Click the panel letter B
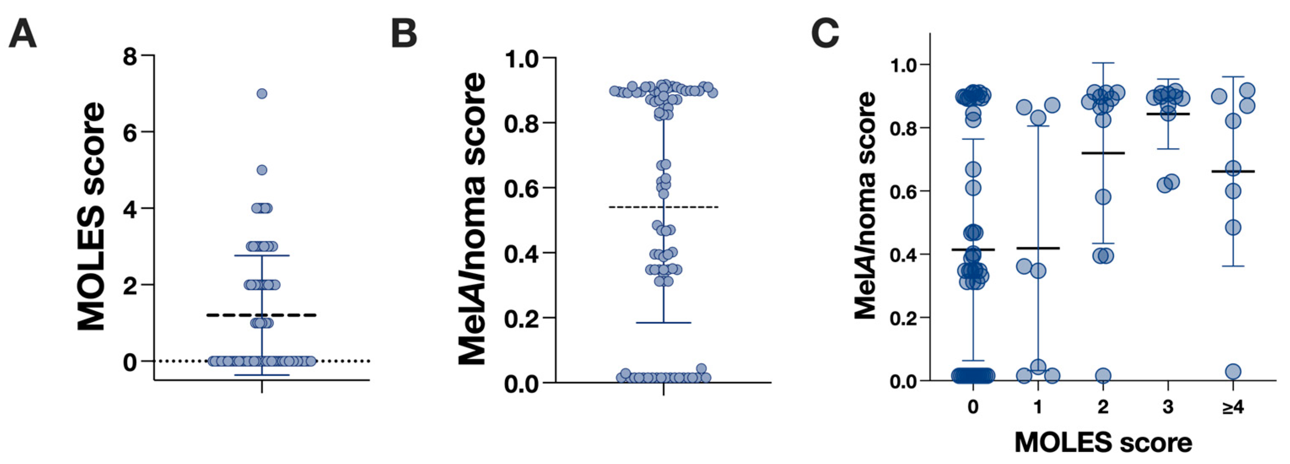tap(404, 34)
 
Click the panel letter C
tap(825, 34)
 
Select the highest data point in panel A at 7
tap(261, 94)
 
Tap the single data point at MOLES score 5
tap(261, 170)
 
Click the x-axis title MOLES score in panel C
tap(1103, 442)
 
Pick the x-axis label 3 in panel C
tap(1168, 407)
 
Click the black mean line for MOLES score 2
tap(1103, 153)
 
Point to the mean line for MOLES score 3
tap(1168, 114)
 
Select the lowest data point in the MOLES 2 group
tap(1103, 375)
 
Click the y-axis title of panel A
tap(92, 216)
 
